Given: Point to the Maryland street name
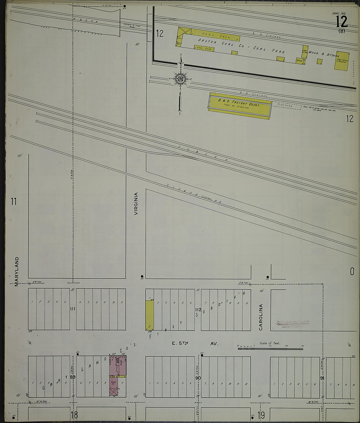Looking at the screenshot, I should pyautogui.click(x=17, y=271).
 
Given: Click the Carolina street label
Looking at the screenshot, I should pyautogui.click(x=261, y=317).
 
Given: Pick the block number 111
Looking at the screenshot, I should pyautogui.click(x=73, y=309).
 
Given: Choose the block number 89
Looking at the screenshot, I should pyautogui.click(x=73, y=377).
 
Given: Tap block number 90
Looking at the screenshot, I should pyautogui.click(x=198, y=378).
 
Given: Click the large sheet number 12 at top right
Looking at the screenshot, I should pyautogui.click(x=341, y=22).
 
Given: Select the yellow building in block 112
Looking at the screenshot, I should pyautogui.click(x=150, y=315).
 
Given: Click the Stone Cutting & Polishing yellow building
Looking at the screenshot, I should pyautogui.click(x=341, y=61).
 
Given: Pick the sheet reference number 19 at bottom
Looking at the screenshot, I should pyautogui.click(x=261, y=415).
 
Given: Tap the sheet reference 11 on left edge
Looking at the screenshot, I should pyautogui.click(x=13, y=202).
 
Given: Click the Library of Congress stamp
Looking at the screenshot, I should pyautogui.click(x=293, y=324).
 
